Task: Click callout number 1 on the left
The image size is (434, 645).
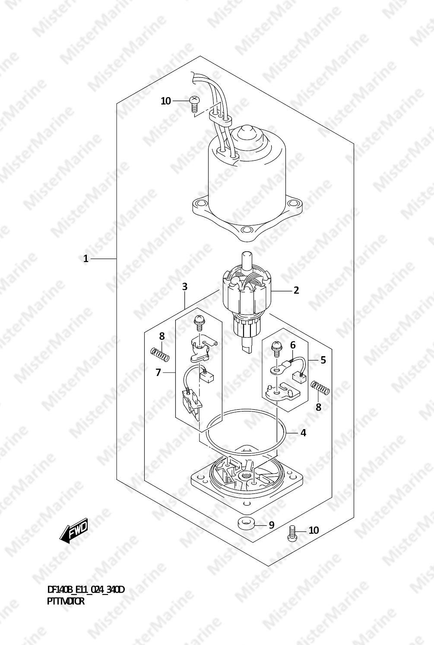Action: pos(86,259)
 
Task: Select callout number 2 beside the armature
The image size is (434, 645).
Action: pos(296,290)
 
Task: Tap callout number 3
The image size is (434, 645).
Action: pos(184,287)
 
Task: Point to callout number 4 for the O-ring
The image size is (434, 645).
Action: pos(303,432)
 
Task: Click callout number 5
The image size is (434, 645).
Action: pos(323,360)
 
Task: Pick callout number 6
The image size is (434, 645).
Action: pos(293,345)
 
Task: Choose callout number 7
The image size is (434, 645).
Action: pos(158,373)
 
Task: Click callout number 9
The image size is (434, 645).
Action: pos(271,525)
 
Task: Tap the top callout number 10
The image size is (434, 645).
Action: pos(166,101)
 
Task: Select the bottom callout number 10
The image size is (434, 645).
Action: pos(314,530)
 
